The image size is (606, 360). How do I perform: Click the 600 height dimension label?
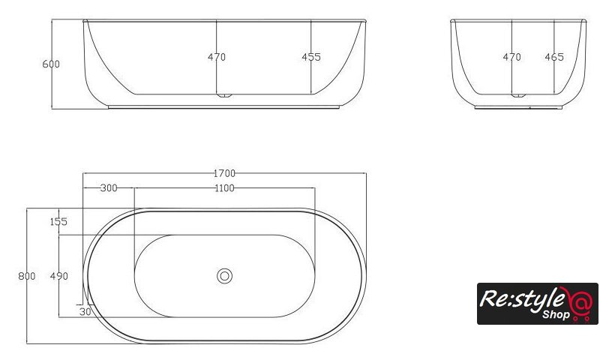click(51, 64)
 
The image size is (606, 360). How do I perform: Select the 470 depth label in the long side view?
click(217, 57)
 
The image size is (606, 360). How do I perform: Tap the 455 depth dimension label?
click(311, 57)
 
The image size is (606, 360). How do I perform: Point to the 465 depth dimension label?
click(554, 57)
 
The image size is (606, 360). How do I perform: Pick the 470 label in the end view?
click(511, 57)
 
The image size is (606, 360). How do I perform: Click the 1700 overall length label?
click(224, 173)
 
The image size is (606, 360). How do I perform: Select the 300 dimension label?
click(109, 188)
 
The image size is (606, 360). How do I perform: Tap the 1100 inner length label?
click(224, 188)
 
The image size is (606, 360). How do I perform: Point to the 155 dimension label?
click(58, 221)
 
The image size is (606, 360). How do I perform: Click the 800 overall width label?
click(27, 276)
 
